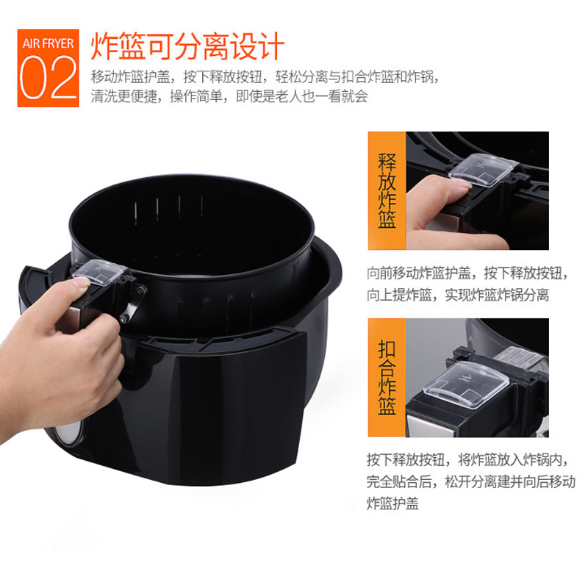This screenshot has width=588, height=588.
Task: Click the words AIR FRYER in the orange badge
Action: point(48,43)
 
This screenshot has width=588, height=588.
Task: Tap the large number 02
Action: point(48,78)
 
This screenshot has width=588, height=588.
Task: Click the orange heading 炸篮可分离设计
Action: point(187,46)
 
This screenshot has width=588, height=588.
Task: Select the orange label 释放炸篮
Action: point(387,190)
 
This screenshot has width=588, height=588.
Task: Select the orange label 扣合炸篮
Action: point(387,377)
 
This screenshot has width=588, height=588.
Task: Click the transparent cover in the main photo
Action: point(99,271)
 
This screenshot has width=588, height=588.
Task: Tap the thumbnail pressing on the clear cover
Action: point(80,283)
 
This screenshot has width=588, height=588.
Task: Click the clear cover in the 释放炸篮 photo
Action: point(483,170)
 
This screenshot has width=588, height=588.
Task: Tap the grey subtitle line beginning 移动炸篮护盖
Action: point(265,77)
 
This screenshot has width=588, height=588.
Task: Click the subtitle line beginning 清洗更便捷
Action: point(229,97)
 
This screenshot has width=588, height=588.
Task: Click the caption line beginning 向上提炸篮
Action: point(458,295)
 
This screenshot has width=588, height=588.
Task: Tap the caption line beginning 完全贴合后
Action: point(471,481)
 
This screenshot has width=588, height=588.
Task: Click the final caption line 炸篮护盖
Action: point(392,503)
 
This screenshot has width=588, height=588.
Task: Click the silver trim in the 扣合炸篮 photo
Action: point(431,426)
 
